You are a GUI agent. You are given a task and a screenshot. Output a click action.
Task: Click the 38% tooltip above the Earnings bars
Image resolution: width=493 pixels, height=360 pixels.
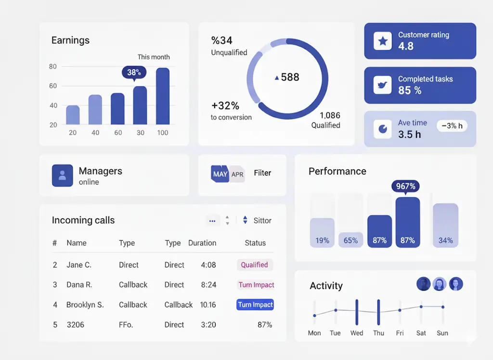(134, 72)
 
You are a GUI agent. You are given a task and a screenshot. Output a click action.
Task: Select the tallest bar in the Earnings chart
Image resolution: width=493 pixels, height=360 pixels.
(163, 96)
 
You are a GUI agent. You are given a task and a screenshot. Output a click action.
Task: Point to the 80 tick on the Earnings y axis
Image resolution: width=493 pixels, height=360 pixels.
(53, 67)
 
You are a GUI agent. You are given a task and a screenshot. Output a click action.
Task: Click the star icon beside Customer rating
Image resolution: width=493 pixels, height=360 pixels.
(383, 41)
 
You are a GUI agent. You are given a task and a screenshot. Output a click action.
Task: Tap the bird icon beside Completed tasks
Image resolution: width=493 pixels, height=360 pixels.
(383, 85)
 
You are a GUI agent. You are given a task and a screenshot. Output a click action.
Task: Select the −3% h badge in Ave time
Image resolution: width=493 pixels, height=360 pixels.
(452, 126)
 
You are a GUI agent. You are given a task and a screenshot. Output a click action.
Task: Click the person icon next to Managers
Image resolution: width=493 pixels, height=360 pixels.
(62, 175)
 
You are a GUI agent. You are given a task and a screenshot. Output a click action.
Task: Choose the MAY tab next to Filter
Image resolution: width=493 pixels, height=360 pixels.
(220, 174)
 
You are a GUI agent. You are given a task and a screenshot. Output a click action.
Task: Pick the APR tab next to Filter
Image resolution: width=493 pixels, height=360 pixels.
(237, 174)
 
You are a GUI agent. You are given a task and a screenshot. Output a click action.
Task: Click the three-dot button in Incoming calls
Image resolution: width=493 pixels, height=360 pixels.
(212, 221)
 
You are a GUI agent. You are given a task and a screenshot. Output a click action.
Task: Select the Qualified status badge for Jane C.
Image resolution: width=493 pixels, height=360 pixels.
(255, 265)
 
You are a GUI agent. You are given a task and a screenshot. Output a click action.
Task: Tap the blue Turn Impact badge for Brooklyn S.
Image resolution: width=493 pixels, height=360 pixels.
(256, 305)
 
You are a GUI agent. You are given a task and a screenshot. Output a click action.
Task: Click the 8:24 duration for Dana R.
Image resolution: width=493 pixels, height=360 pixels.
(208, 285)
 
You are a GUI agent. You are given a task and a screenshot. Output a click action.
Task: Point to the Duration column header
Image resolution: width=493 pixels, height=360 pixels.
(202, 243)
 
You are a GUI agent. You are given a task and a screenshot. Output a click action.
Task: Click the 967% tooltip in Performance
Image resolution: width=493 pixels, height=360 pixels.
(405, 187)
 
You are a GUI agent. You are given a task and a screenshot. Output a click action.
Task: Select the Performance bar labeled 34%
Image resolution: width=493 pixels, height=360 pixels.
(445, 226)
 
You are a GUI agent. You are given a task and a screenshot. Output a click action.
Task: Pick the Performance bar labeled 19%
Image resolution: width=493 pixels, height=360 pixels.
(322, 233)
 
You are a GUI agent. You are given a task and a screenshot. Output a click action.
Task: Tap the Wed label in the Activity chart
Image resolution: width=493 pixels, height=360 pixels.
(357, 333)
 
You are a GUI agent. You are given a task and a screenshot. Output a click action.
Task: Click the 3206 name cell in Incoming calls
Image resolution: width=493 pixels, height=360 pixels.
(75, 325)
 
